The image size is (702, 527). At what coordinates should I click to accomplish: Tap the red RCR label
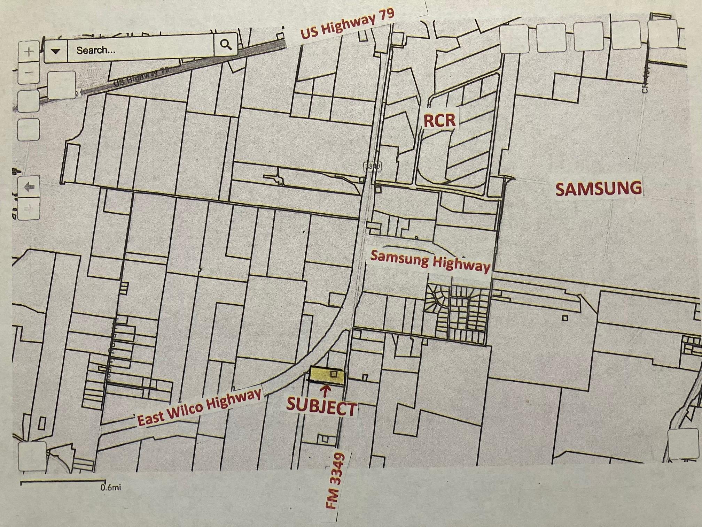(439, 120)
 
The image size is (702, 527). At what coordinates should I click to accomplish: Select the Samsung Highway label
(430, 261)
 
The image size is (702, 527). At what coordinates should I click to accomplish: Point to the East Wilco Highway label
(199, 407)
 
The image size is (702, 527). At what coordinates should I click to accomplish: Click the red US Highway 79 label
(347, 24)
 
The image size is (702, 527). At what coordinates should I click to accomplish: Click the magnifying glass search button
(226, 45)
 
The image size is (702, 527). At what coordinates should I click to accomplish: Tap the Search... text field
(139, 50)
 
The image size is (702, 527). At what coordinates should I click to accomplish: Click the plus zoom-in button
(29, 52)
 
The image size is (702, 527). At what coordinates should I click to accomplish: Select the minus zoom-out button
(29, 72)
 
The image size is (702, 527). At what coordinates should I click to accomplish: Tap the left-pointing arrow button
(29, 187)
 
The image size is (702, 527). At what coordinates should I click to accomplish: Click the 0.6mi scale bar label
(111, 487)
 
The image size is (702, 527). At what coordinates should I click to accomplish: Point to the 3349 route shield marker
(372, 166)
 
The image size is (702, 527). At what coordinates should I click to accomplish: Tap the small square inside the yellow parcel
(334, 374)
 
